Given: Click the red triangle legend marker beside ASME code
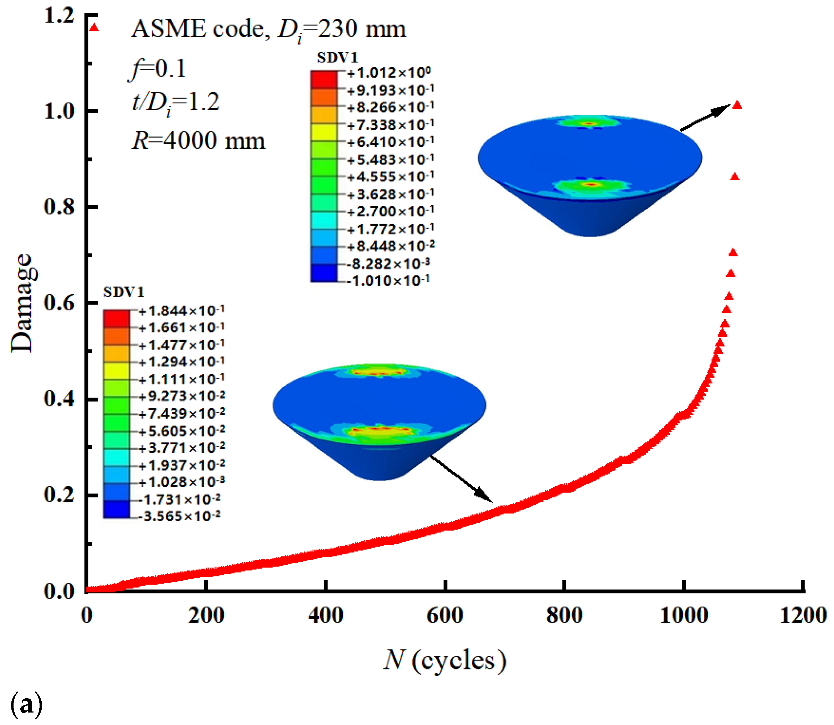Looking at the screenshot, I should coord(94,28).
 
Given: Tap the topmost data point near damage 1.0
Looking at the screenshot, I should coord(737,105).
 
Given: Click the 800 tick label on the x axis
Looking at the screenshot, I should coord(564,616).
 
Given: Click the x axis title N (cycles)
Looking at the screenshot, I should coord(444,661).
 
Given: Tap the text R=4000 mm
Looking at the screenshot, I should coord(198,141).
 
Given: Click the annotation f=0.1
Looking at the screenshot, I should coord(158,68).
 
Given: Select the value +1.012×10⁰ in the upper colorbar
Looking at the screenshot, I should coord(389,73).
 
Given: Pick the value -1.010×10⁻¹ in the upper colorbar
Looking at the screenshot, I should coord(389,280).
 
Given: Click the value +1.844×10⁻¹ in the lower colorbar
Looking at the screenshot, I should coord(182,311).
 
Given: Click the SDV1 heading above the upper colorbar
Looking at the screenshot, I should coord(338,58).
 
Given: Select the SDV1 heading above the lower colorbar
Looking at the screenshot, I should coord(124,292).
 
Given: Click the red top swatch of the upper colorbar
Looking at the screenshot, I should coord(324,80).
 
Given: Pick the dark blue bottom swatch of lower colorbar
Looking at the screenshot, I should coord(117,510).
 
